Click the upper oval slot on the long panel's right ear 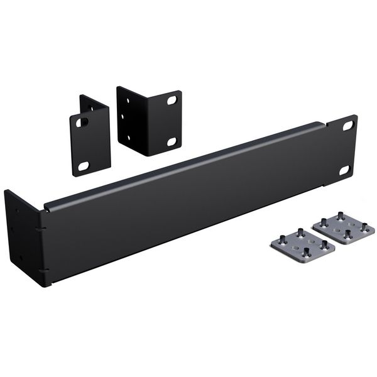tap(347, 126)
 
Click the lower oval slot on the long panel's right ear tap(344, 170)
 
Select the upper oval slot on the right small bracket tap(171, 99)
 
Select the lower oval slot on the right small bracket tap(171, 141)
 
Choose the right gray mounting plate tap(343, 231)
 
